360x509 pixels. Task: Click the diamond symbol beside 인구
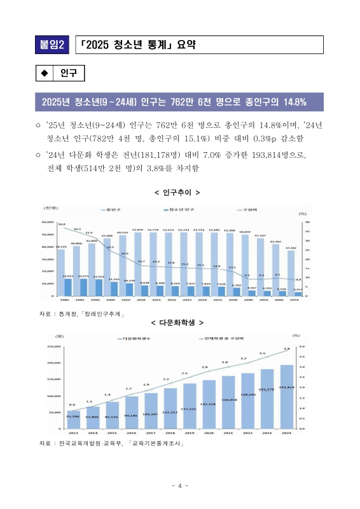coord(45,74)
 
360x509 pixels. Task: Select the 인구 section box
coord(68,74)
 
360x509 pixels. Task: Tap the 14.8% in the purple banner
coord(293,102)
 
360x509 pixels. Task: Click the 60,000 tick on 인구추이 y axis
coord(48,222)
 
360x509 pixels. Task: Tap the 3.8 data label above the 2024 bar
coord(287,349)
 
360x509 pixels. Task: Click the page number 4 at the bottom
coord(180,486)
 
